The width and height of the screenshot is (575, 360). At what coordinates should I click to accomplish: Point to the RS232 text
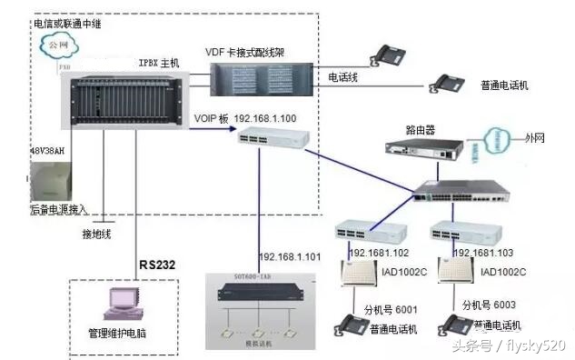(158, 265)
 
